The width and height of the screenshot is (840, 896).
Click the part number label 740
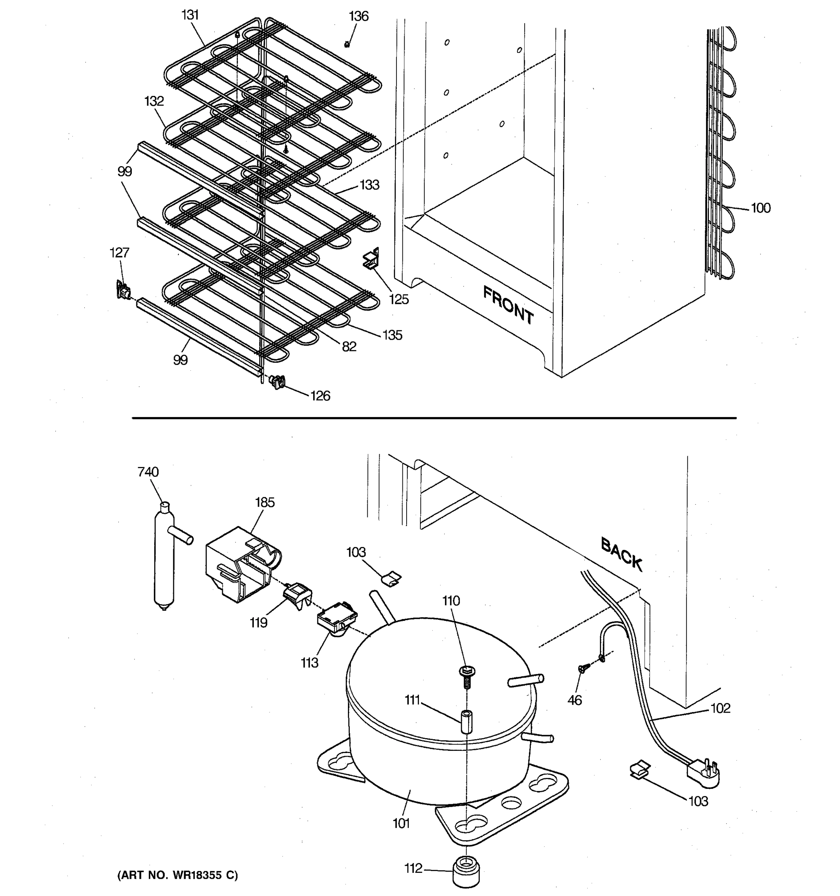[148, 472]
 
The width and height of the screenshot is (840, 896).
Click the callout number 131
[190, 15]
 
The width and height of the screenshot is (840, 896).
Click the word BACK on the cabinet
[622, 554]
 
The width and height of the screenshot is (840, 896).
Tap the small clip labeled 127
[122, 291]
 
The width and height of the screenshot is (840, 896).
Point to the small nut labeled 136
[347, 44]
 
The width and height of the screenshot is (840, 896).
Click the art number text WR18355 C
[178, 875]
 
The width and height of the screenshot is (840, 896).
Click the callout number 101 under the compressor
[401, 823]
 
